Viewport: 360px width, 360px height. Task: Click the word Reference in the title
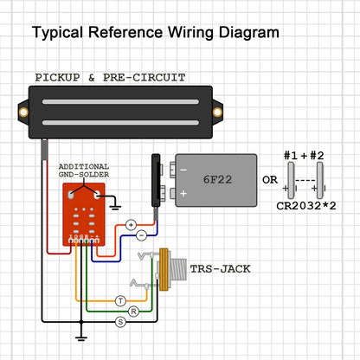[x=125, y=32]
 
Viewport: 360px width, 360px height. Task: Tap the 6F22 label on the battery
[x=217, y=179]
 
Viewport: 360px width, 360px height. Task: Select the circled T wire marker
[x=120, y=301]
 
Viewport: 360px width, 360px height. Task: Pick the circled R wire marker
[x=133, y=312]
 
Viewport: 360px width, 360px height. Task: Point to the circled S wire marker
[x=120, y=322]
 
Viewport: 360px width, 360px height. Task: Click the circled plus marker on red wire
[x=131, y=225]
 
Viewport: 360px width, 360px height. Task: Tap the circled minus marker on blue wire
[x=141, y=235]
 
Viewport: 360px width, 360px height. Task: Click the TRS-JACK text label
[x=220, y=269]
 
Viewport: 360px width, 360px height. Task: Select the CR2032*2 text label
[x=306, y=206]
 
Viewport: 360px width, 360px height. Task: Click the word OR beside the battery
[x=270, y=180]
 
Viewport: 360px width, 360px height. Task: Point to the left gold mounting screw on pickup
[x=23, y=112]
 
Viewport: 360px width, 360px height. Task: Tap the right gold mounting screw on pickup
[x=217, y=112]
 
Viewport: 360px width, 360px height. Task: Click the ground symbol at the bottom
[x=81, y=338]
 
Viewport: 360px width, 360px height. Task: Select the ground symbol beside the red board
[x=115, y=207]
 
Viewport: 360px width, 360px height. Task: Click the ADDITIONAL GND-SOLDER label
[x=84, y=170]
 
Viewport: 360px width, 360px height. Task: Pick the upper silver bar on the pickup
[x=120, y=101]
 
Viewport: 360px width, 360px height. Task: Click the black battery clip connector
[x=156, y=180]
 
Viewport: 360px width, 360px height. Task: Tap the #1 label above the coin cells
[x=291, y=156]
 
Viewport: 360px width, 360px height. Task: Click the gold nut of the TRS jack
[x=164, y=269]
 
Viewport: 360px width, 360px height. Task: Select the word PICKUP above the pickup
[x=57, y=77]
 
